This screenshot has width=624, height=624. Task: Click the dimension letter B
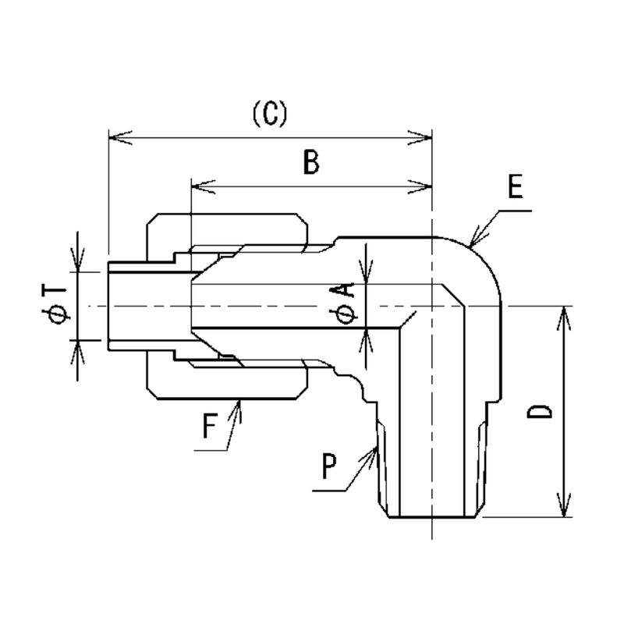point(310,163)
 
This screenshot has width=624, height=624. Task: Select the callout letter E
point(514,188)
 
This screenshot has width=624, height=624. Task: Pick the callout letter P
point(328,467)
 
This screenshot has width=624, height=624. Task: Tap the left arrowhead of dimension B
point(197,186)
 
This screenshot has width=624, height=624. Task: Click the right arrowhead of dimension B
point(425,186)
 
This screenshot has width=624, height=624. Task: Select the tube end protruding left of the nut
point(129,305)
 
